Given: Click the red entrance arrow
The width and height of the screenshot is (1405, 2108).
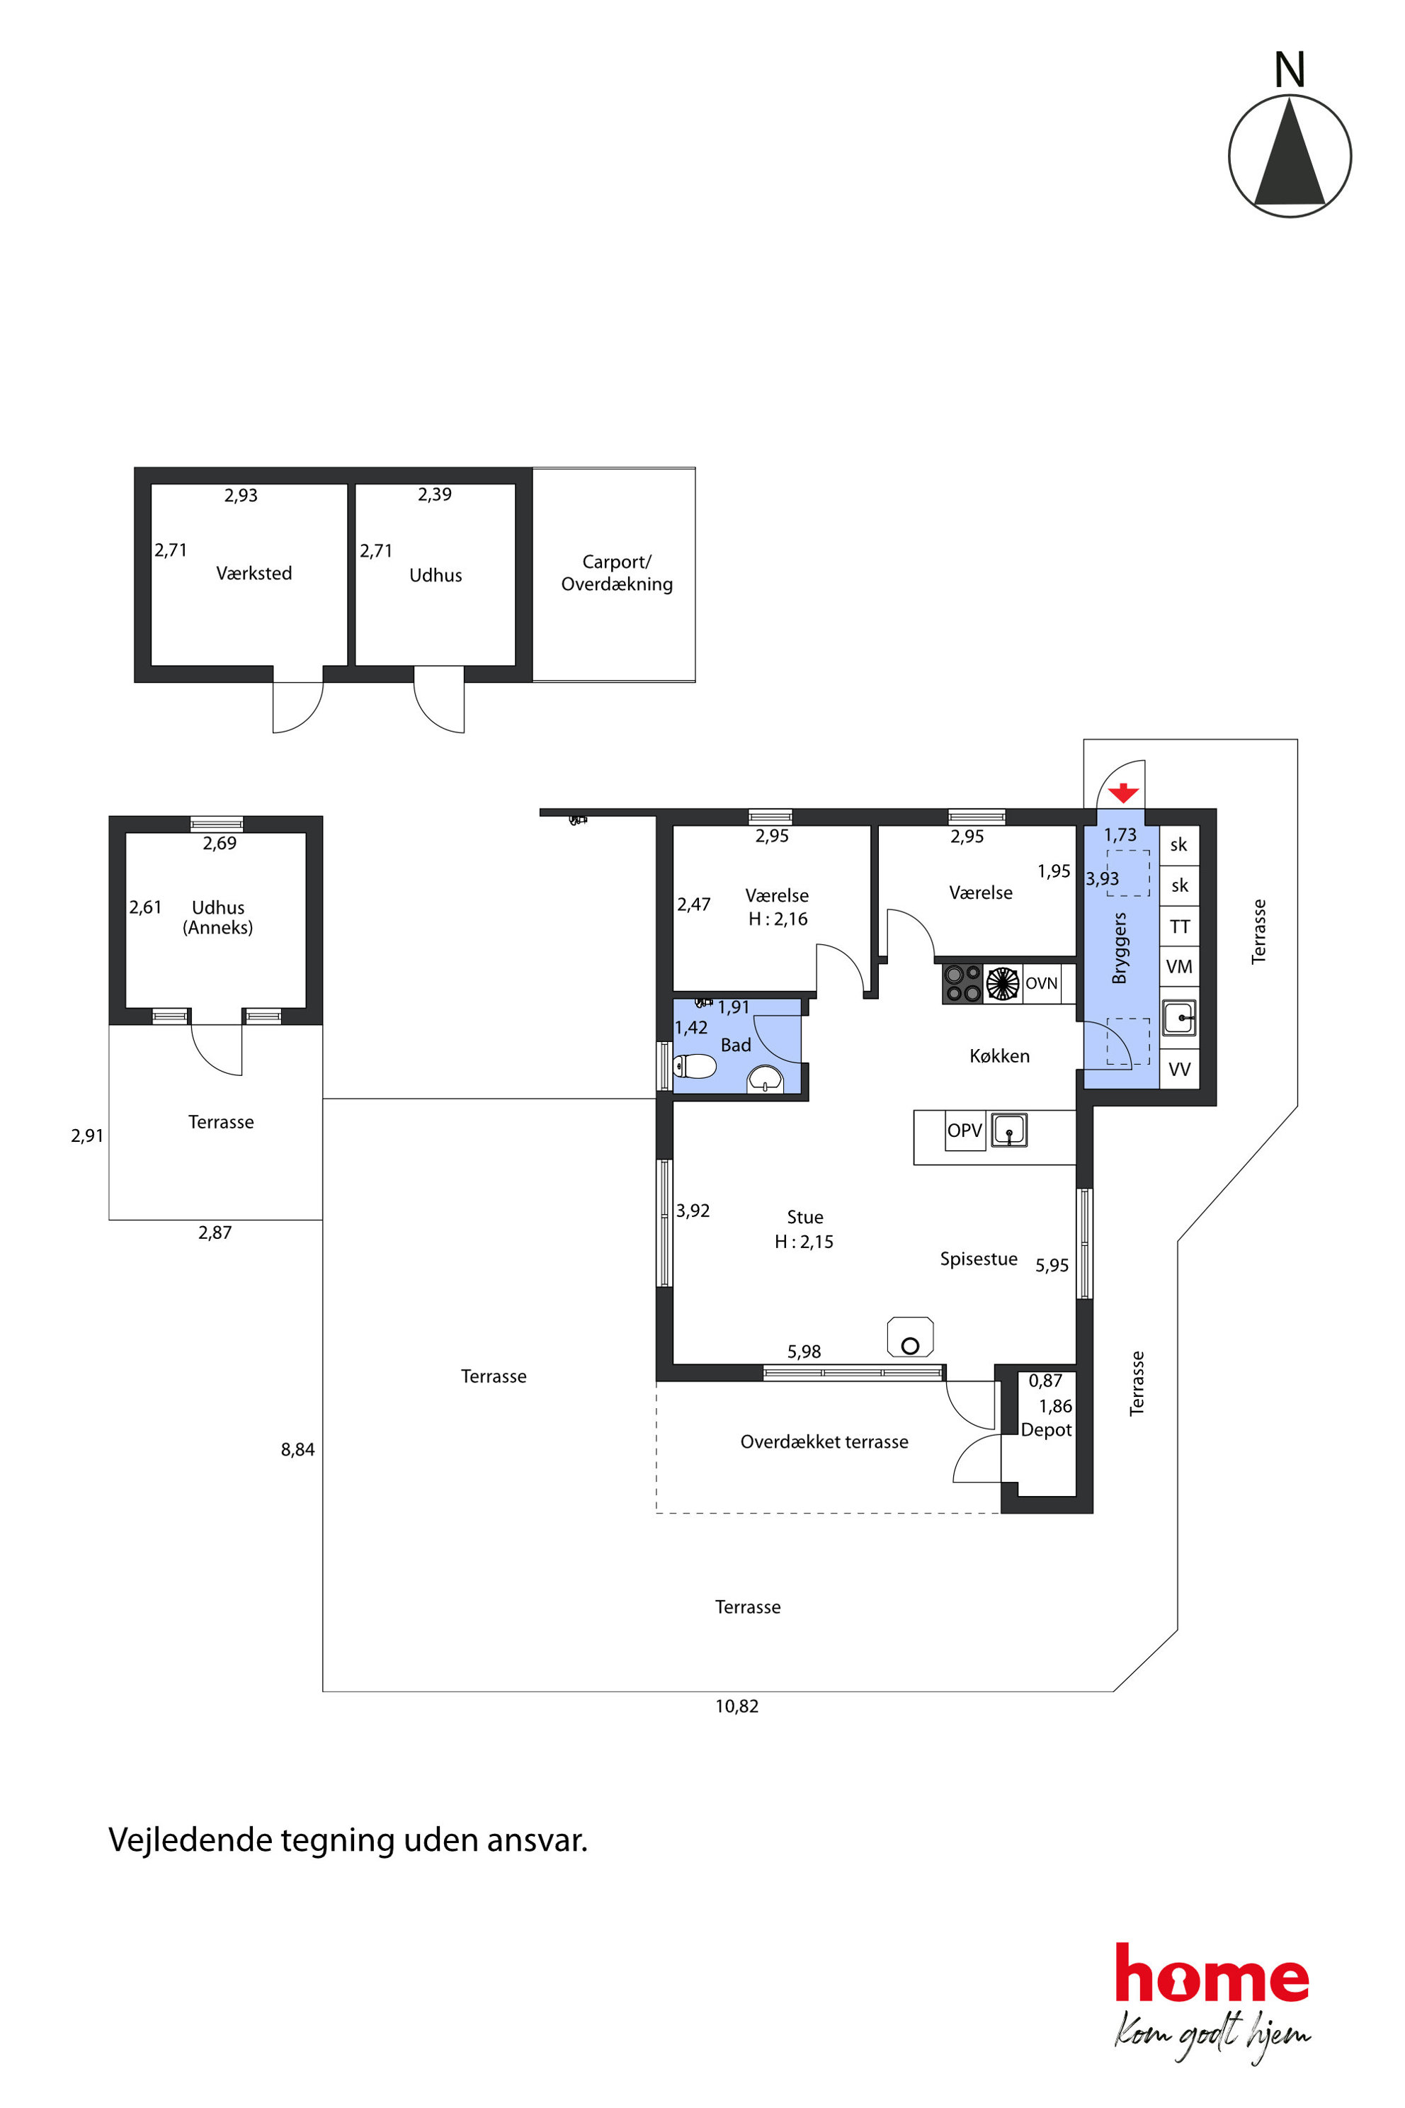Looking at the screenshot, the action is [1124, 793].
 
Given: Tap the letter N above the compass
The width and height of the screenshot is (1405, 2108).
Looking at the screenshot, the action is [1290, 70].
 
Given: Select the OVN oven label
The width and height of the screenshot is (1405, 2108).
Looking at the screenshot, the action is [1041, 983].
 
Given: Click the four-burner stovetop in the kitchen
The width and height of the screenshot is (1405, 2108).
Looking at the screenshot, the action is [962, 983].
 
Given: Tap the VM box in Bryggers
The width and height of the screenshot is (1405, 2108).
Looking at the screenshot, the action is [1179, 966].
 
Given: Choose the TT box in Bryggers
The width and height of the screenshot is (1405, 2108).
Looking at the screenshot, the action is [1179, 926].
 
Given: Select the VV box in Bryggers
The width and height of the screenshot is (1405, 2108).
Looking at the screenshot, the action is [1179, 1070].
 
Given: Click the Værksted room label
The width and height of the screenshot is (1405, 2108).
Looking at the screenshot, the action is [254, 574].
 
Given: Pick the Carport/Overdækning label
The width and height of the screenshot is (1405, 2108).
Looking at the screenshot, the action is [617, 573].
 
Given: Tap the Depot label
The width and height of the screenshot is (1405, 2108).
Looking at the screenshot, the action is [1046, 1429].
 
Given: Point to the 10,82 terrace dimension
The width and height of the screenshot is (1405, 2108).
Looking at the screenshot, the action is [736, 1706].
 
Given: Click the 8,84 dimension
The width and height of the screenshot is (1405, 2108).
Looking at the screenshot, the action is [297, 1449].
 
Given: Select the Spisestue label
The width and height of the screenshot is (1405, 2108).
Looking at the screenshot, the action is [979, 1259].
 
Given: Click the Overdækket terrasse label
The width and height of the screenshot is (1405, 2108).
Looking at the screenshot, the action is [824, 1442].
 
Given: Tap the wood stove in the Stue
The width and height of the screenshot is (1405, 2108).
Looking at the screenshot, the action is [911, 1337].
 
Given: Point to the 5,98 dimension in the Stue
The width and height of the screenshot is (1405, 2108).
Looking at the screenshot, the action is [804, 1351].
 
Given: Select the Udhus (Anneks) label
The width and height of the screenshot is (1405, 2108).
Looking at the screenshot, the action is [217, 917].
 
